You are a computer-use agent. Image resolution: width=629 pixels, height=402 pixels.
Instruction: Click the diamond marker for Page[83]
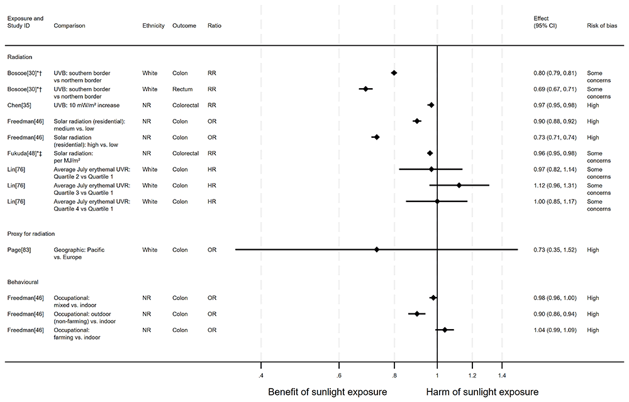pyautogui.click(x=377, y=250)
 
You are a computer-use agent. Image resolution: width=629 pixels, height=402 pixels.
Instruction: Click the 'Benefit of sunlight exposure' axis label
pyautogui.click(x=328, y=392)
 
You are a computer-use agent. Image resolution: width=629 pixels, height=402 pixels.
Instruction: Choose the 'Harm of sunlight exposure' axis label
pyautogui.click(x=482, y=392)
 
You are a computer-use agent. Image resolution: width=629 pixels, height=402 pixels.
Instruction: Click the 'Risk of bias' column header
pyautogui.click(x=602, y=26)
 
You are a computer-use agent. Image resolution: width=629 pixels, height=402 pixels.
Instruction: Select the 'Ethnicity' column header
pyautogui.click(x=153, y=26)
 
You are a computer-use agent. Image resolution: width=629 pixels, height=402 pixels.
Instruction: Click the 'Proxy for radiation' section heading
pyautogui.click(x=31, y=233)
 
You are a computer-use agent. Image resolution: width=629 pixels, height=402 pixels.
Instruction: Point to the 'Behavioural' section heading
pyautogui.click(x=24, y=282)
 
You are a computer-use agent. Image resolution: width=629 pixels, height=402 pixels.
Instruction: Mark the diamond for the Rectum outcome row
pyautogui.click(x=365, y=89)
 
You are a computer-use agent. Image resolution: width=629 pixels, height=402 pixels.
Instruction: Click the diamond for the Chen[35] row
pyautogui.click(x=431, y=105)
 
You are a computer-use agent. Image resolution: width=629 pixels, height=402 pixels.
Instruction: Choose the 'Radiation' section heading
pyautogui.click(x=20, y=57)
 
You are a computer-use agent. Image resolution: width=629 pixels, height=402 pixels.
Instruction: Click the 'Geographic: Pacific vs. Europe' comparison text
pyautogui.click(x=79, y=253)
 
